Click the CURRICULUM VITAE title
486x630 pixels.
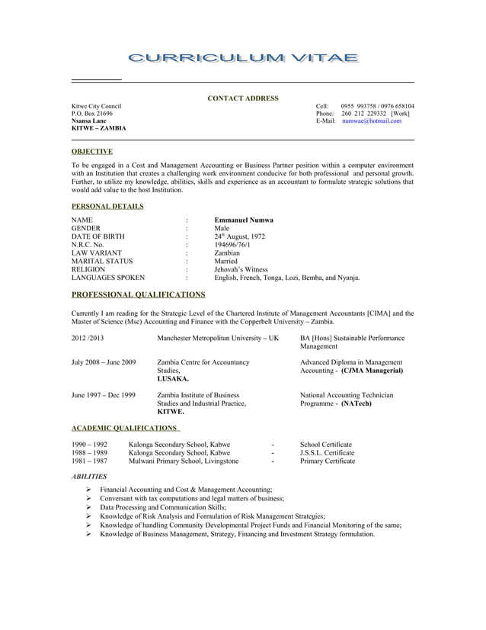[243, 59]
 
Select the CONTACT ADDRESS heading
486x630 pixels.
[243, 98]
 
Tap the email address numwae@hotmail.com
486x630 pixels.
[371, 121]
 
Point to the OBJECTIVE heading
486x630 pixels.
[91, 151]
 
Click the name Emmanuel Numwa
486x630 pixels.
[244, 220]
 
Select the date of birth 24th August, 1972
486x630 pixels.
[239, 236]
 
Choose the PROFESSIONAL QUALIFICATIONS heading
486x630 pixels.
[138, 294]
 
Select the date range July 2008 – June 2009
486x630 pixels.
[104, 362]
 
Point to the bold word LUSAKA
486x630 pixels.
[174, 378]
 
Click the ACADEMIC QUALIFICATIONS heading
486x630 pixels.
[124, 428]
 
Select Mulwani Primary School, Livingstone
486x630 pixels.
[184, 461]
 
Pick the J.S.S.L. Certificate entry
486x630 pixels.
[327, 452]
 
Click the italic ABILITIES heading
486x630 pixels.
[88, 476]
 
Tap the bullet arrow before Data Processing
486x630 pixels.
[90, 506]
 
